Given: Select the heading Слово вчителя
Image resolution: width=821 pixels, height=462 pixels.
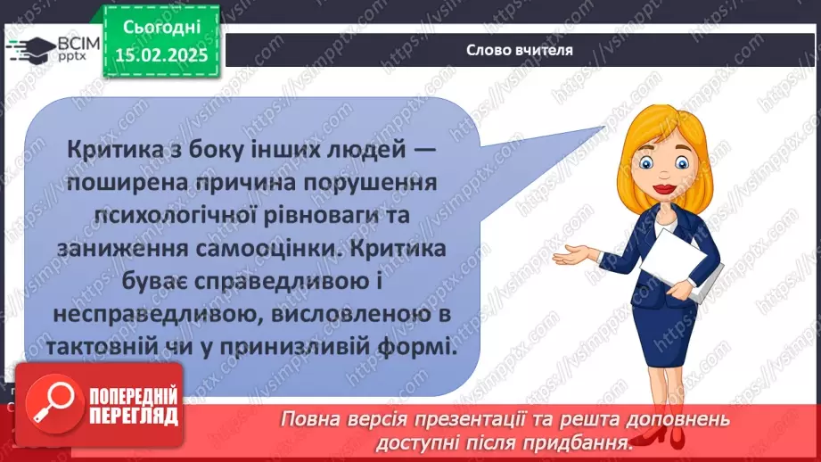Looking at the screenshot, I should coord(520,50).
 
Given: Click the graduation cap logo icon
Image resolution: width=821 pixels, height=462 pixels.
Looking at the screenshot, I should coord(29,47).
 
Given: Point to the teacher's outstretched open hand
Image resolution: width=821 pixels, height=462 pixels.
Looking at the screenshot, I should coord(571,257).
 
